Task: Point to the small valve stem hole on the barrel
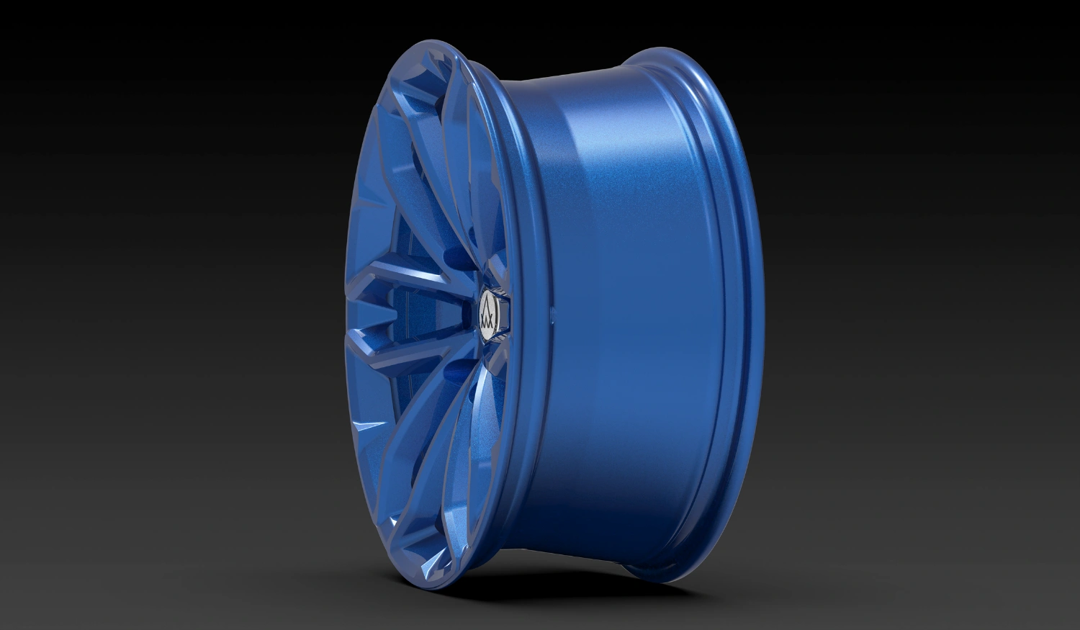[552, 314]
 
